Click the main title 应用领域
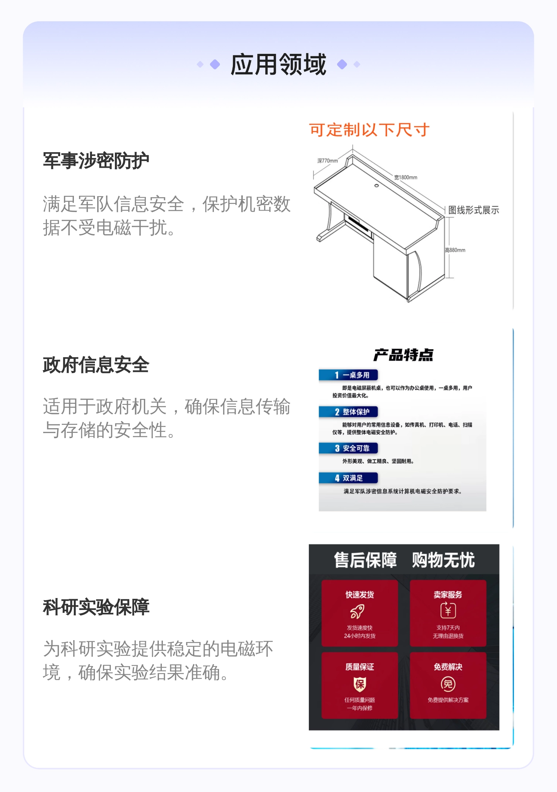pos(278,64)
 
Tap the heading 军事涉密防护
pos(96,161)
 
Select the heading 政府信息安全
pos(96,365)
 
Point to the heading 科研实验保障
pos(96,607)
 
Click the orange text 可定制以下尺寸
pos(369,130)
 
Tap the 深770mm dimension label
pos(328,161)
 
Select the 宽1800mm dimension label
pos(406,177)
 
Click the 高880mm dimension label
pos(455,250)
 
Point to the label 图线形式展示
pos(474,210)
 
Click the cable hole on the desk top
pos(376,185)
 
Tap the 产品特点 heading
pos(403,355)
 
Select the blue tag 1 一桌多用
pos(348,375)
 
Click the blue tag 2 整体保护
pos(348,412)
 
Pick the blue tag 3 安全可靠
pos(348,448)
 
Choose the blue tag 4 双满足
pos(348,478)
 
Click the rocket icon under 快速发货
pos(358,611)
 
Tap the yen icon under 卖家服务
pos(448,610)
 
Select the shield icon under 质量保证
pos(360,684)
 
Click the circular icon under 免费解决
pos(448,684)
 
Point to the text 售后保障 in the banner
pos(365,560)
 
